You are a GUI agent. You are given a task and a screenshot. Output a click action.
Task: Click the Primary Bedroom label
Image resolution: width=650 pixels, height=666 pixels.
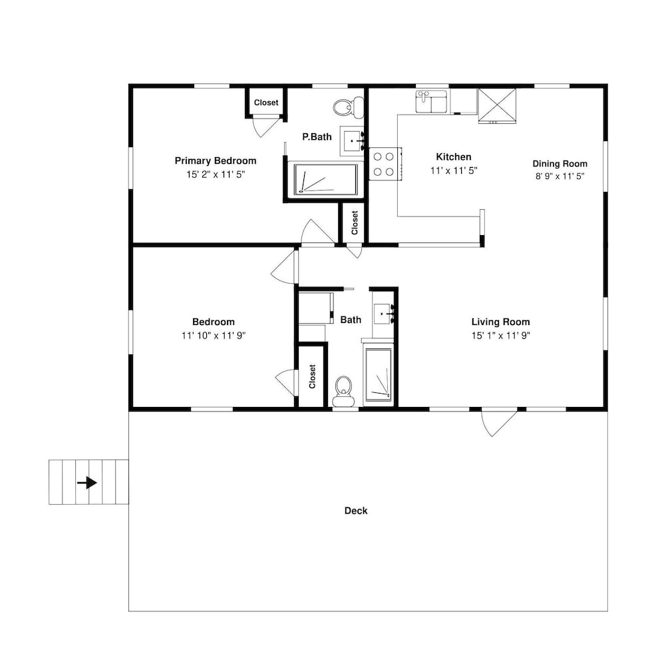[x=216, y=161]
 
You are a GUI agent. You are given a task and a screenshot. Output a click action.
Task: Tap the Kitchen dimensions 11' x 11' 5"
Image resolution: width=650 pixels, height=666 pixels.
[x=454, y=170]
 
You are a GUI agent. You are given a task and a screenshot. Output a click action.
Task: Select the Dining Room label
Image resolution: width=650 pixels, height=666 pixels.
[x=560, y=164]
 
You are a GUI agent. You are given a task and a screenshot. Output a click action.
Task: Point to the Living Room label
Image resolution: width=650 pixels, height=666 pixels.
[x=501, y=322]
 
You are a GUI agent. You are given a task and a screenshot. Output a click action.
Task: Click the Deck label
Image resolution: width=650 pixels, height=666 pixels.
[x=356, y=511]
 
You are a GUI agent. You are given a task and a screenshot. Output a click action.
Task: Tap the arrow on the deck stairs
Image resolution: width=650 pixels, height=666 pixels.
[x=87, y=483]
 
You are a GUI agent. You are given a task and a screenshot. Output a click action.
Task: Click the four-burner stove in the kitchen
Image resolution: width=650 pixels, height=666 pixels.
[x=385, y=164]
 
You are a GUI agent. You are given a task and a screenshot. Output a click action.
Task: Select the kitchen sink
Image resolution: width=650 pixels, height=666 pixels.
[x=431, y=101]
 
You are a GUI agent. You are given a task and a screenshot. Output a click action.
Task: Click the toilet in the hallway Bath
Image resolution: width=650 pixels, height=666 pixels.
[x=343, y=391]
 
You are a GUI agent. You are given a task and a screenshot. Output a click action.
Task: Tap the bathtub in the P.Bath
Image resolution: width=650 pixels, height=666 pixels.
[x=325, y=179]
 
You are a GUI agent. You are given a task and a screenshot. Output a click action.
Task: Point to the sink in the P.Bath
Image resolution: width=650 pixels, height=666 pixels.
[x=352, y=141]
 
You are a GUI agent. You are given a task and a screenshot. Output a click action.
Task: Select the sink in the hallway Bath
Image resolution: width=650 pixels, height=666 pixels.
[x=384, y=315]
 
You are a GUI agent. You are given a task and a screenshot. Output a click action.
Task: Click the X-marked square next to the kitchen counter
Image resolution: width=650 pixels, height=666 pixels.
[x=497, y=106]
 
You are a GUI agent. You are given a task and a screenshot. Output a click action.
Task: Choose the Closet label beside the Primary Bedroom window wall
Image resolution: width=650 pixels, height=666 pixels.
[x=266, y=103]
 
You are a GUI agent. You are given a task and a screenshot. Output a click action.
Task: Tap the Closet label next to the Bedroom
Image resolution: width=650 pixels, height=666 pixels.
[x=312, y=376]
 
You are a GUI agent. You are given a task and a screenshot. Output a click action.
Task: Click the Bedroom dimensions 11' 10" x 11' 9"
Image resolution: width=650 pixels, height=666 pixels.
[x=214, y=335]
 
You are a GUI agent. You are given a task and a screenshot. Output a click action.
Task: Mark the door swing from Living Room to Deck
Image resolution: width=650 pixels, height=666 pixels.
[x=500, y=423]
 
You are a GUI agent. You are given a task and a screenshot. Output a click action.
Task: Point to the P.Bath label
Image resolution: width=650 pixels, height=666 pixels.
[x=317, y=137]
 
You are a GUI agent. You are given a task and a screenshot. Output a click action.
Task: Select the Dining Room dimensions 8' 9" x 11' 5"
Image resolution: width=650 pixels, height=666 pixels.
[x=560, y=176]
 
